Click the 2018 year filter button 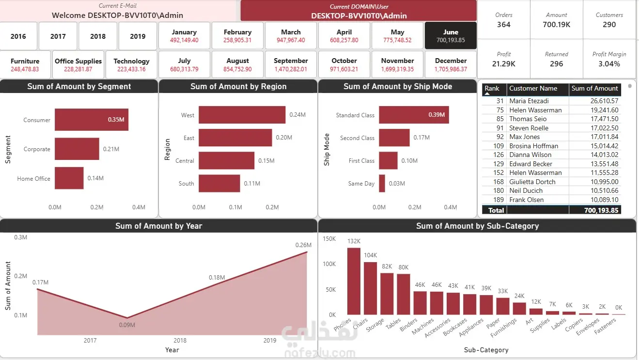pos(98,36)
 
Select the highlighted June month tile pos(451,36)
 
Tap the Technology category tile pos(131,64)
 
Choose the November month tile pos(397,64)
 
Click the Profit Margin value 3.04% pos(609,64)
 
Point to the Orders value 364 pos(503,25)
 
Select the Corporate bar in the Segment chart pos(77,149)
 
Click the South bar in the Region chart pos(219,184)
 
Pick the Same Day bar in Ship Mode pos(382,184)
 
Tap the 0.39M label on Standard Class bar pos(436,115)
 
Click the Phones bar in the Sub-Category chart pos(354,282)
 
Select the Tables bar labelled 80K pos(404,295)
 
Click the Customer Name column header pos(533,89)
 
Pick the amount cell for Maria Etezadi pos(604,101)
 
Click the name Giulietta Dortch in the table pos(532,182)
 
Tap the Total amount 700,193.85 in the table pos(601,210)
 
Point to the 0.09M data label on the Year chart pos(127,325)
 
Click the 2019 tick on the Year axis pos(269,340)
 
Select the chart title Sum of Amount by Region pos(238,86)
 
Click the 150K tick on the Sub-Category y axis pos(329,239)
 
